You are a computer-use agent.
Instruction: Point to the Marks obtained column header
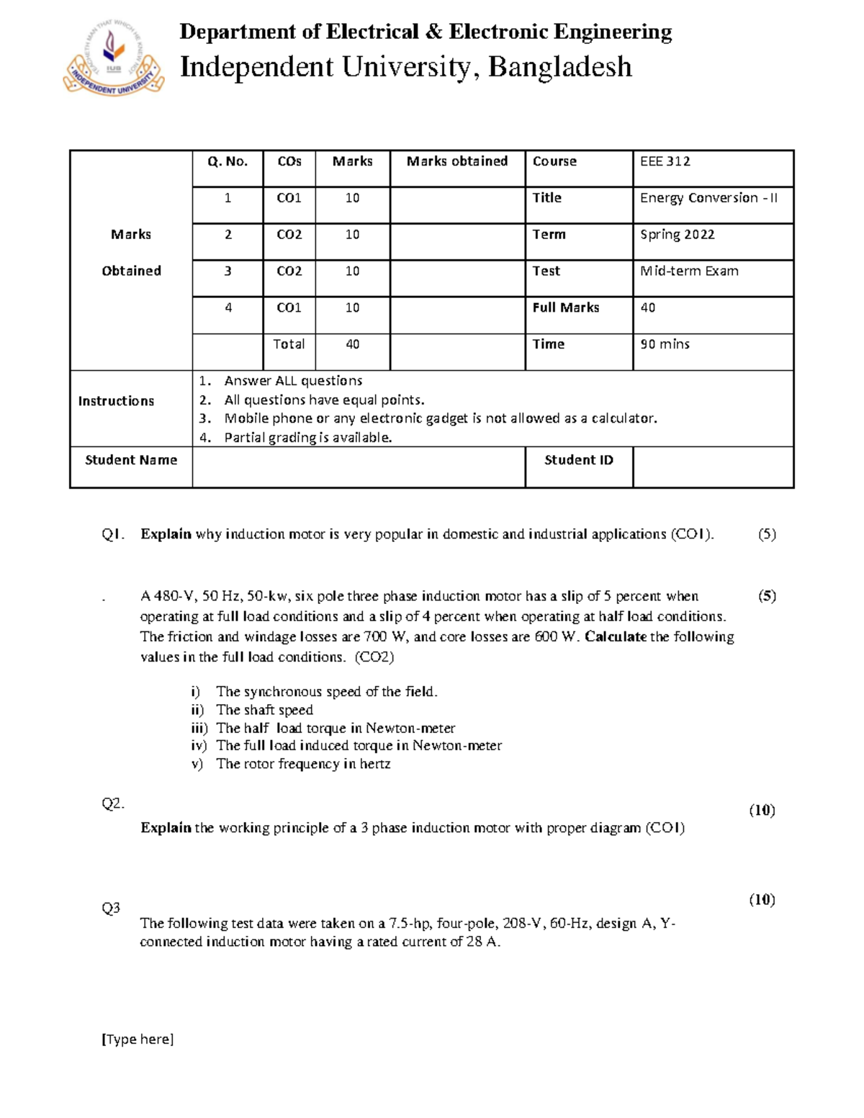[457, 162]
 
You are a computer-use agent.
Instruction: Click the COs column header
[289, 162]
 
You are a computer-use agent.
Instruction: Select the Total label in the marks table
[289, 345]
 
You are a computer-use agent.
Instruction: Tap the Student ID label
[579, 460]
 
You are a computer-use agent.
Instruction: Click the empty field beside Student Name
[359, 467]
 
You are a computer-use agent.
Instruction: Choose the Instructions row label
[116, 401]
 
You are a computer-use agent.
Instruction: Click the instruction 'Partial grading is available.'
[308, 438]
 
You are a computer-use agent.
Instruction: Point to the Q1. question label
[113, 534]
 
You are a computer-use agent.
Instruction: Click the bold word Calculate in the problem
[616, 637]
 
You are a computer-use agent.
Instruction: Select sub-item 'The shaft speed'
[264, 710]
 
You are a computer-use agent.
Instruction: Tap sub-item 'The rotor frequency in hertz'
[303, 764]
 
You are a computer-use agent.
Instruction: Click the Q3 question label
[111, 909]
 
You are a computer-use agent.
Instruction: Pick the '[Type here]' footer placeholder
[138, 1039]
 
